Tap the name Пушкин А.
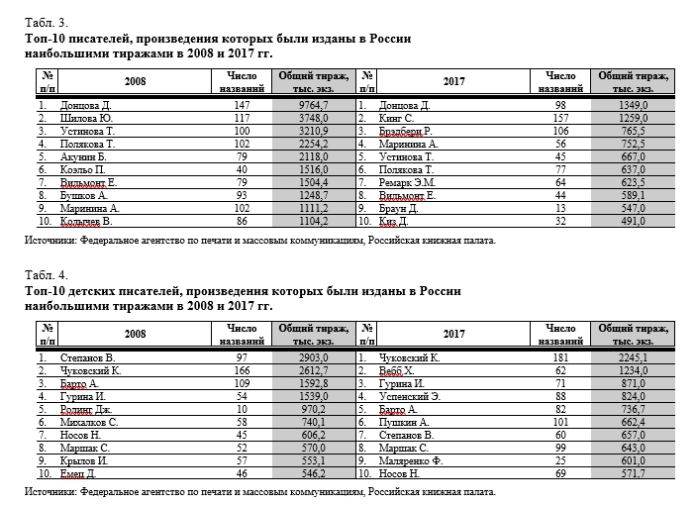(x=405, y=421)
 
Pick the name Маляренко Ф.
(x=411, y=459)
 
